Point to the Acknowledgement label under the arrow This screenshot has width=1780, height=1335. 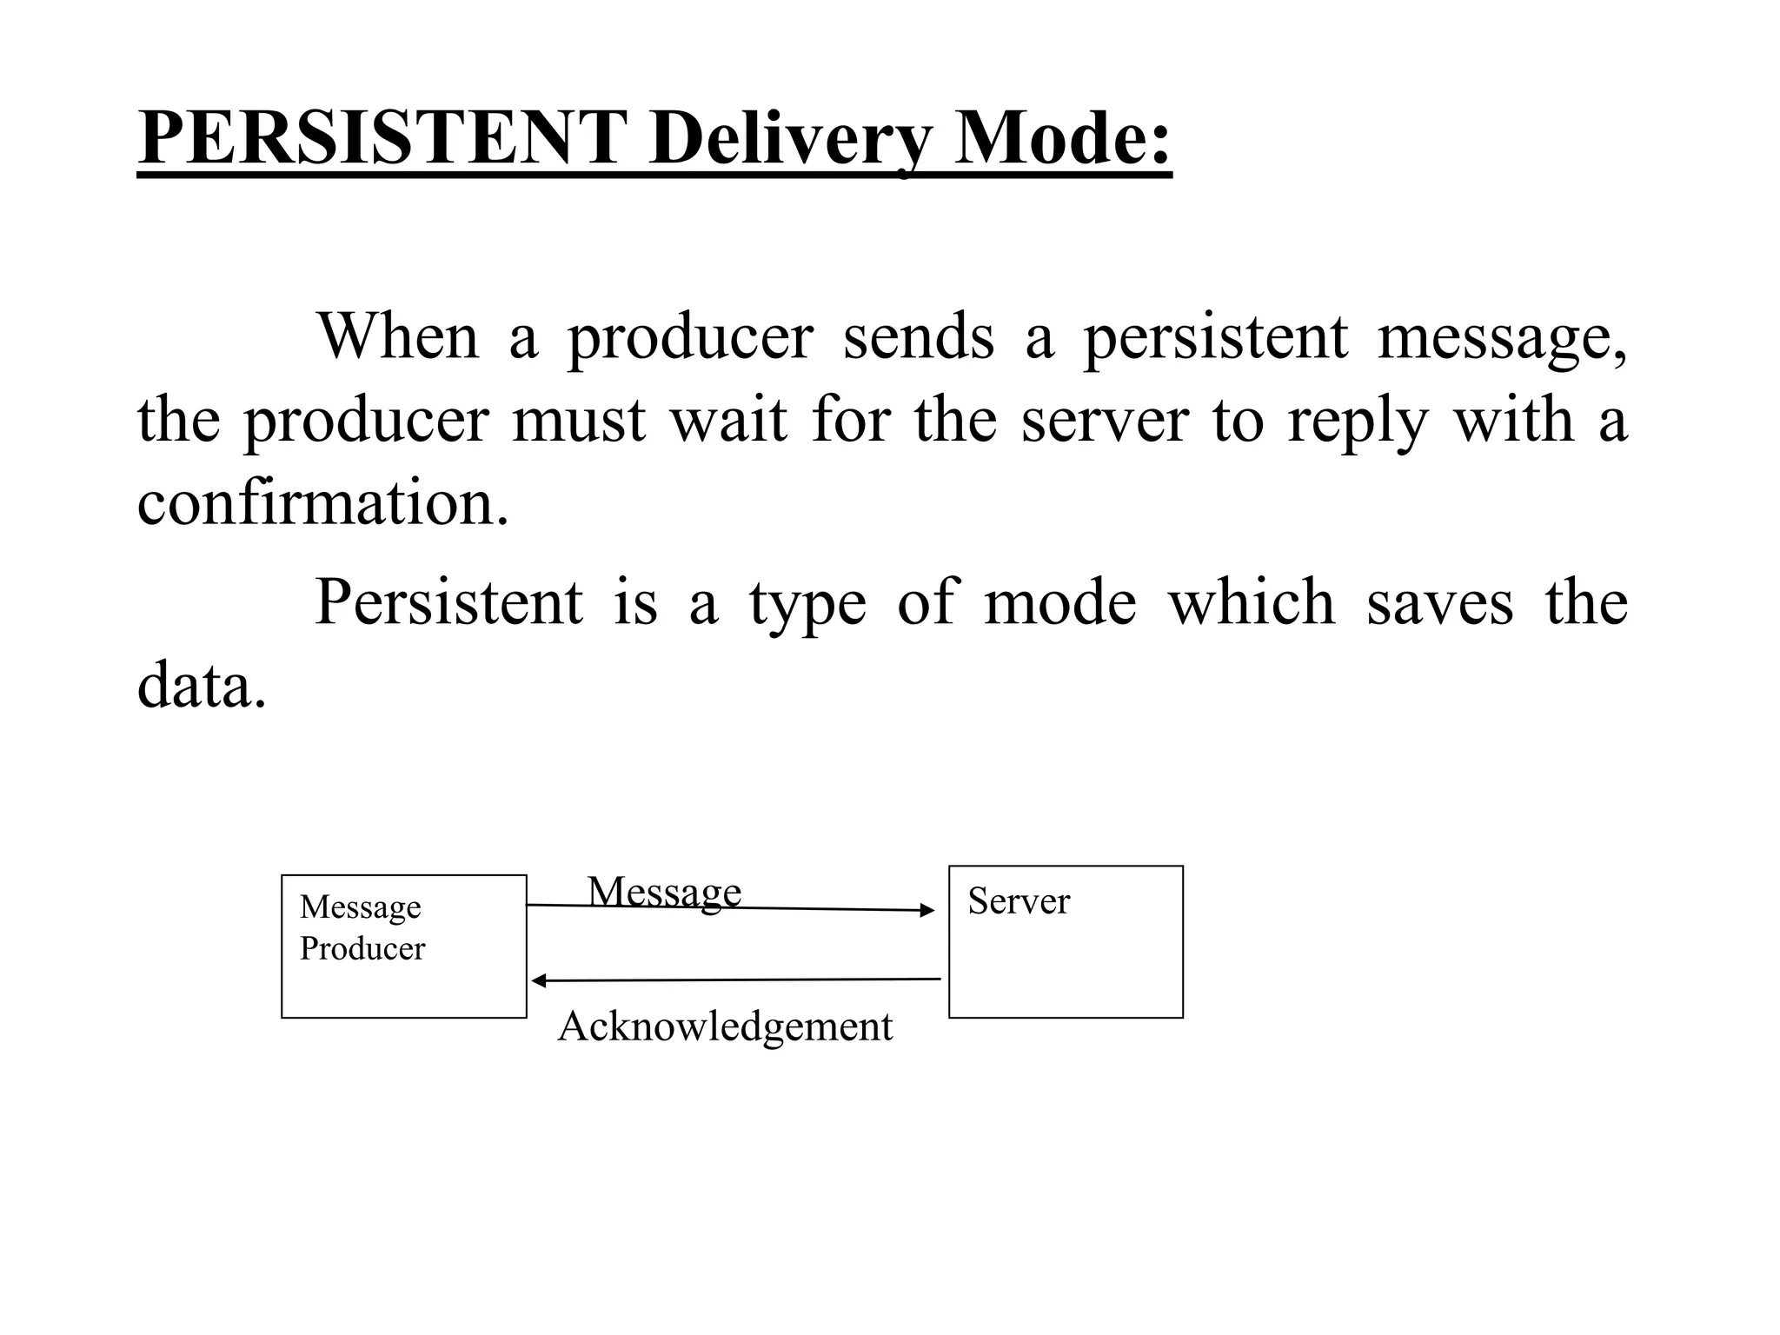(x=725, y=1026)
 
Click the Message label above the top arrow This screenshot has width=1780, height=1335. (x=665, y=891)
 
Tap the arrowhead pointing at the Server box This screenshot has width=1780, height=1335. (x=928, y=911)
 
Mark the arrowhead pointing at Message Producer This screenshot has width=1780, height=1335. (x=538, y=981)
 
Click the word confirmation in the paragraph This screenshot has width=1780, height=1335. (x=322, y=503)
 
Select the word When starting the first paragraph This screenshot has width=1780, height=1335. (x=399, y=336)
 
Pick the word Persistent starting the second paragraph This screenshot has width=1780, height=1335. (x=448, y=601)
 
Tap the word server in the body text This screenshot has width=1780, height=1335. (x=1104, y=421)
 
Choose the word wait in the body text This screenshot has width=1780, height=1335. (x=728, y=421)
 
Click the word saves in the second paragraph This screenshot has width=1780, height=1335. (x=1439, y=603)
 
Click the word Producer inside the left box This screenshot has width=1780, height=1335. (x=362, y=948)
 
